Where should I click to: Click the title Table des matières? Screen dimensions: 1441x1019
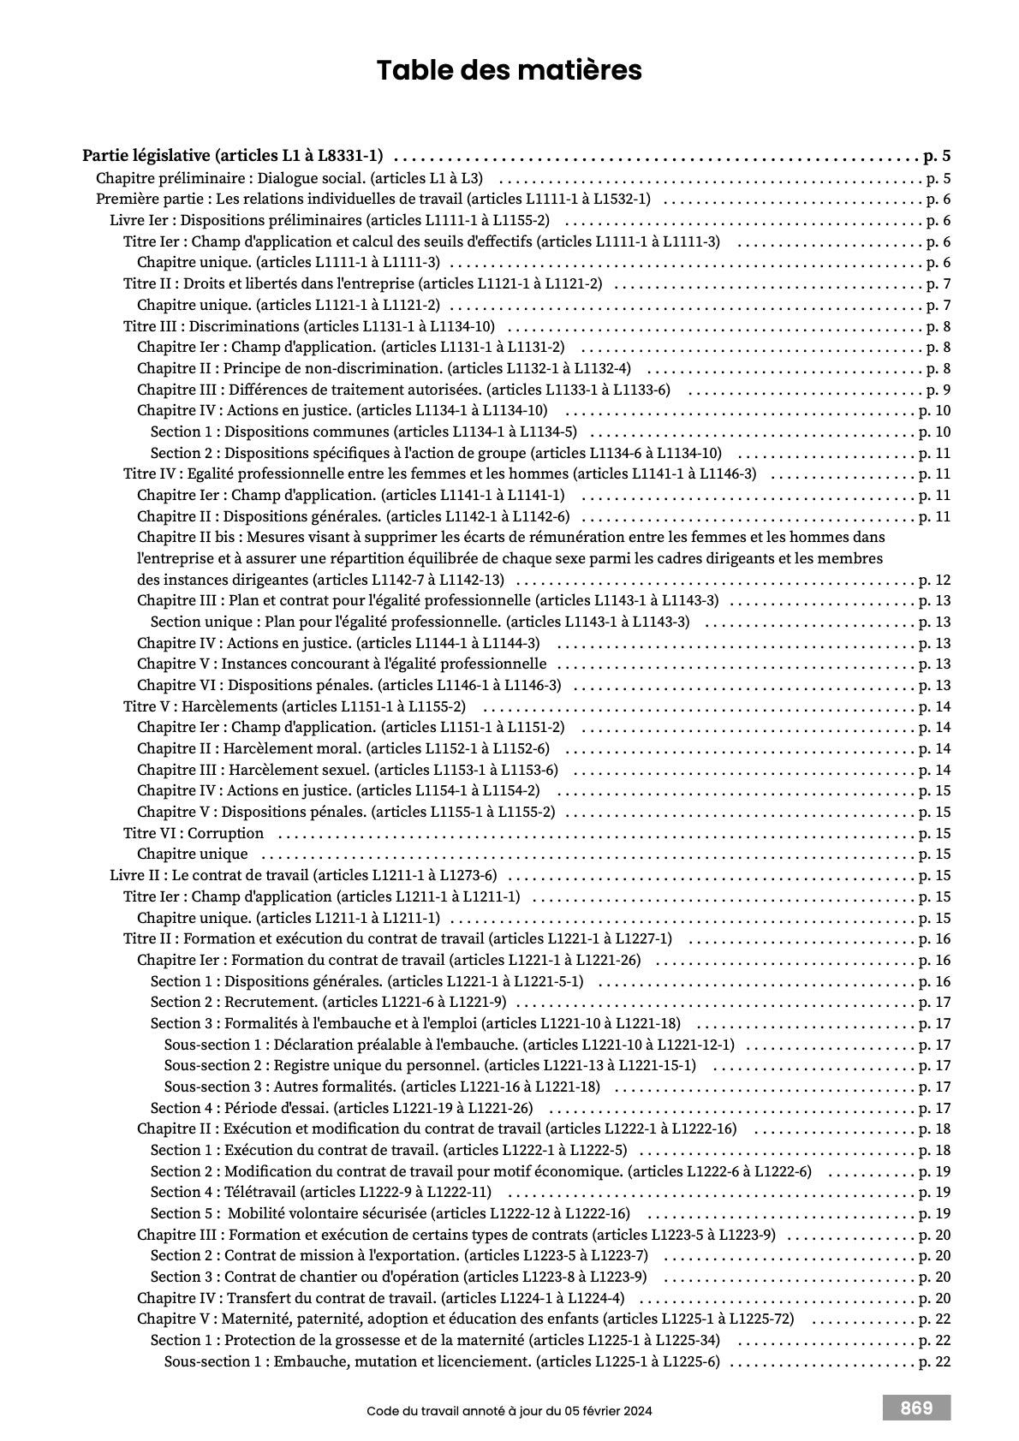point(509,70)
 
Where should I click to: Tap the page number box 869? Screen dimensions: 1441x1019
point(916,1408)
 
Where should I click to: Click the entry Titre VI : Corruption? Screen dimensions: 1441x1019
point(194,833)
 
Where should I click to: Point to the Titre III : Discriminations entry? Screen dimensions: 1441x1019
point(309,326)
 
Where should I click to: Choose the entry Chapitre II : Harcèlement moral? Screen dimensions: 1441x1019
point(343,748)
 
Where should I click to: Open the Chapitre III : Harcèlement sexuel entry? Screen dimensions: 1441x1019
point(348,770)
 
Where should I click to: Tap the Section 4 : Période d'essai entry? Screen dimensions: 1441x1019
point(342,1108)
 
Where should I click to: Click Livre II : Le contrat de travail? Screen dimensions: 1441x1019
point(303,875)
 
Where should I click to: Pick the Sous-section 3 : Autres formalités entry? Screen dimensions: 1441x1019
point(382,1087)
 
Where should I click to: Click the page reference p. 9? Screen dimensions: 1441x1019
point(939,390)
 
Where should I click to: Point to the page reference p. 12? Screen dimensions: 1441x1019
point(934,580)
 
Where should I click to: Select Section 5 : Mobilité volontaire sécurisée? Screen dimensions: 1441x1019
point(390,1213)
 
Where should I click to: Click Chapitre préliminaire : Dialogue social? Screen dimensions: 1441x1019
point(289,178)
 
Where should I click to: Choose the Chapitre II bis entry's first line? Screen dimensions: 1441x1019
point(511,537)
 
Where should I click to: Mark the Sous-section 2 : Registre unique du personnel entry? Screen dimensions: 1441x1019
point(430,1065)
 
